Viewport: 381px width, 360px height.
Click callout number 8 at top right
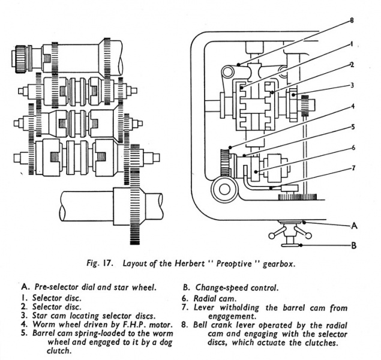pyautogui.click(x=352, y=20)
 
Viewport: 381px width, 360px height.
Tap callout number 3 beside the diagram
pyautogui.click(x=352, y=85)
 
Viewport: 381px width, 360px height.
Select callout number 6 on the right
pyautogui.click(x=353, y=148)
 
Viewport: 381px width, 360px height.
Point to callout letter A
pyautogui.click(x=354, y=226)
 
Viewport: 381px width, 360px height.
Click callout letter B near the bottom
pyautogui.click(x=354, y=245)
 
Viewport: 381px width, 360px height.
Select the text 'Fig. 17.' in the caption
pyautogui.click(x=99, y=263)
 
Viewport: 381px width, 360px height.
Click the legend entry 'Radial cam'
pyautogui.click(x=215, y=298)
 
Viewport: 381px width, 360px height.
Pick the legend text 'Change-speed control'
pyautogui.click(x=236, y=288)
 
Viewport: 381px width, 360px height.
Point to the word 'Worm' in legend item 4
pyautogui.click(x=43, y=324)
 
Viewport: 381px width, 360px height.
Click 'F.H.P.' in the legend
pyautogui.click(x=133, y=324)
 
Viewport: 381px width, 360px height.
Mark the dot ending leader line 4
pyautogui.click(x=230, y=147)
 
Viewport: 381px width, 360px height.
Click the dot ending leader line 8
pyautogui.click(x=239, y=65)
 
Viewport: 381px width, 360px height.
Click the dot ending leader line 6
pyautogui.click(x=256, y=172)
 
